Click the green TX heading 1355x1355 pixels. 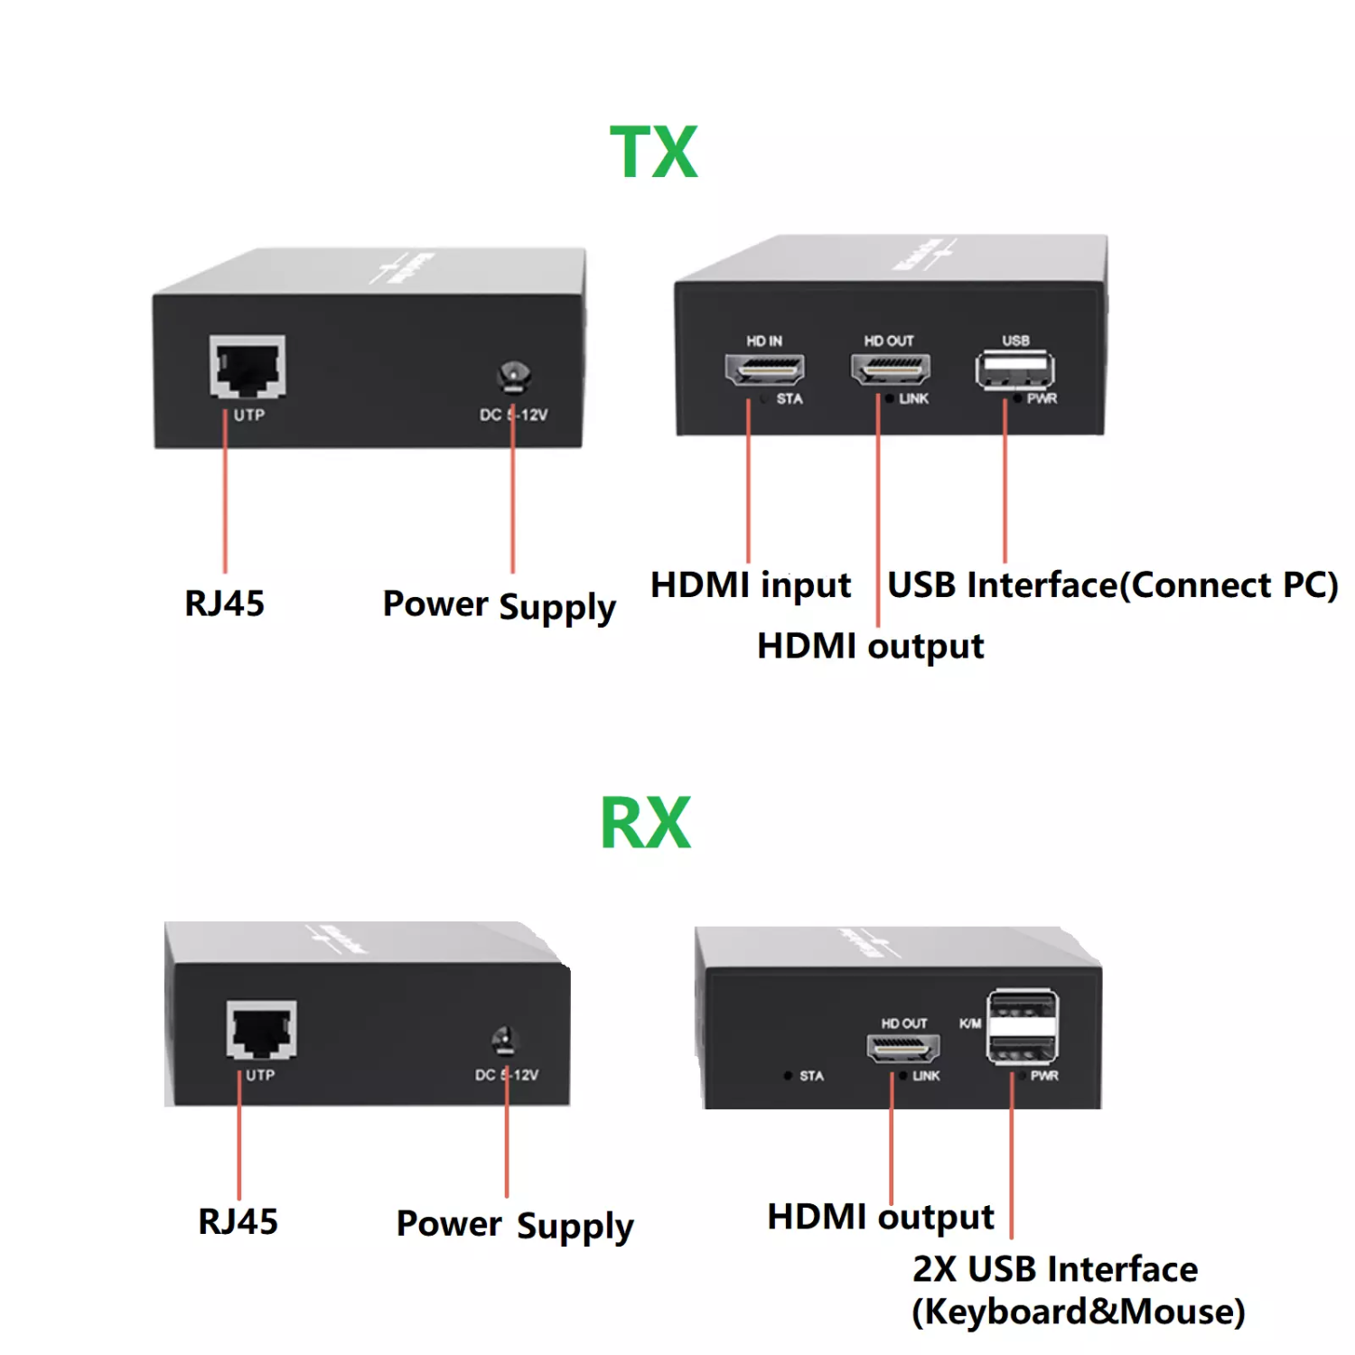[653, 152]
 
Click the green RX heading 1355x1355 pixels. [645, 823]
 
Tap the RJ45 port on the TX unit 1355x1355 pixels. [248, 366]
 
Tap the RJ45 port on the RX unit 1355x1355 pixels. [261, 1029]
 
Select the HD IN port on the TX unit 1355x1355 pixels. [764, 368]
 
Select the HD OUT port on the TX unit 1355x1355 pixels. [890, 368]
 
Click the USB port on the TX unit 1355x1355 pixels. [1014, 369]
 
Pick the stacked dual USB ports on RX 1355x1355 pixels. [1023, 1026]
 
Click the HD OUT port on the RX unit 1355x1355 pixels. [902, 1048]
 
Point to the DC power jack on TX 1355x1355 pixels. [513, 376]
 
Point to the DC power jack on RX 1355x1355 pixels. [504, 1041]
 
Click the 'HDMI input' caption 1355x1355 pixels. [750, 585]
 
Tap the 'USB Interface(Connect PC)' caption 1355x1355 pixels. [1112, 585]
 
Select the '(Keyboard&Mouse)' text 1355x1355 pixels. [1078, 1312]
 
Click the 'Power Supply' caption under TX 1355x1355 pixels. [499, 605]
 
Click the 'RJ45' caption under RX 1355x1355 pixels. [238, 1221]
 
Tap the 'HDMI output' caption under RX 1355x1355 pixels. [880, 1217]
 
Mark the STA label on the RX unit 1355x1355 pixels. [811, 1076]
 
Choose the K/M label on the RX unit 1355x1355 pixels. [969, 1023]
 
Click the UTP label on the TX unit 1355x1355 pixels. [249, 415]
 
